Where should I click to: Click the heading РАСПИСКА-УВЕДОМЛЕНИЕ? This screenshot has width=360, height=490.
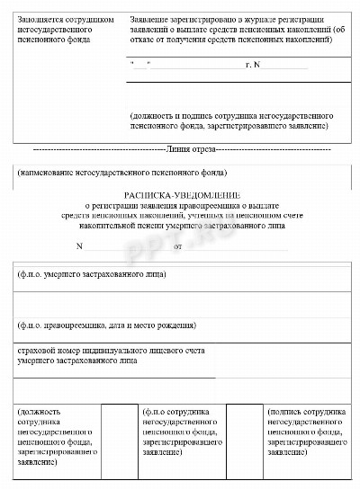[x=181, y=193]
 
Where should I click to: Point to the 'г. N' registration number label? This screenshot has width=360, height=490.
[x=252, y=66]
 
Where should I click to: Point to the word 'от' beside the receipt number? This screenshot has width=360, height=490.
[x=177, y=245]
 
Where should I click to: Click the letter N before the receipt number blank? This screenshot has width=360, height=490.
[x=79, y=245]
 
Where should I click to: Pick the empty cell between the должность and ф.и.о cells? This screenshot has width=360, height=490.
[x=116, y=441]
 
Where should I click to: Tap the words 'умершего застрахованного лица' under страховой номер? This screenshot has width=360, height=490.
[x=77, y=360]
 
